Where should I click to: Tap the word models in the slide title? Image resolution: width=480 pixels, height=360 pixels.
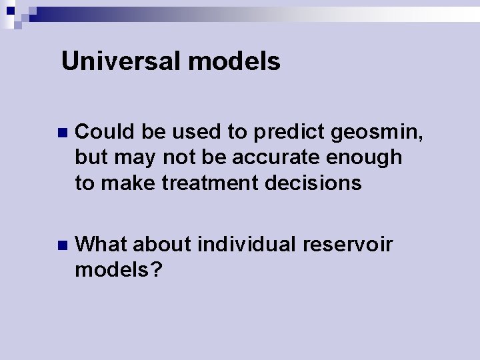234,62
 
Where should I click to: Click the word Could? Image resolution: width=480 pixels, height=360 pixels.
105,132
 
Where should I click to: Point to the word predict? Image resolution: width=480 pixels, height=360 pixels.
287,132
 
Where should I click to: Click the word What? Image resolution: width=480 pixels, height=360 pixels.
101,245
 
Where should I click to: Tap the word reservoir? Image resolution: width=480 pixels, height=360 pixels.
347,245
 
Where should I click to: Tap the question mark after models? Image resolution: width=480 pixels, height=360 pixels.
158,270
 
